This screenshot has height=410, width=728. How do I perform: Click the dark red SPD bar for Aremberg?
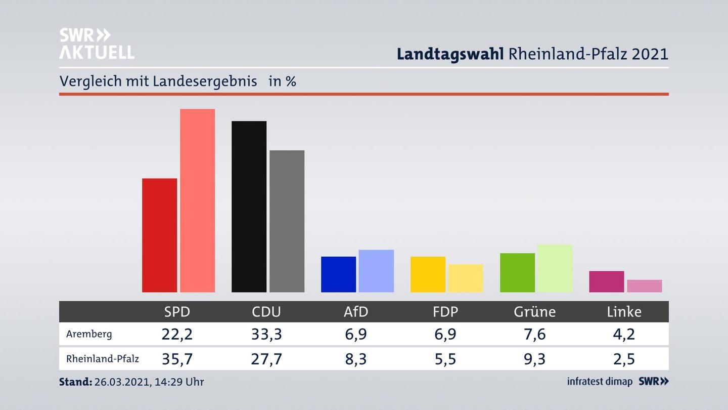(159, 235)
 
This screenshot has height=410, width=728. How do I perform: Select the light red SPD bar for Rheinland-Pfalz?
(197, 200)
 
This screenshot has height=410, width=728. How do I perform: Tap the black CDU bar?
(249, 207)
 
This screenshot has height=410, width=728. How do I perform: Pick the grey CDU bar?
(287, 221)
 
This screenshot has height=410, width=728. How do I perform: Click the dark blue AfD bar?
(338, 274)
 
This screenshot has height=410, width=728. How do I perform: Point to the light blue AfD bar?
(376, 271)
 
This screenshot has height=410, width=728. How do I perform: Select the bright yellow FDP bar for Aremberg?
(428, 274)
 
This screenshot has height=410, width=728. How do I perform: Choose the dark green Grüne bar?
(517, 272)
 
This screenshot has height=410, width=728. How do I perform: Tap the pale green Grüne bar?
(555, 268)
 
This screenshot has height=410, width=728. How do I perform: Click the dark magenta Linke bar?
(606, 281)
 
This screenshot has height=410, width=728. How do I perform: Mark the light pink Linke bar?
(644, 286)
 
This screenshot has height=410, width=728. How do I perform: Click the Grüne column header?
(534, 312)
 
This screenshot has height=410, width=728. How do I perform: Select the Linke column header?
(624, 312)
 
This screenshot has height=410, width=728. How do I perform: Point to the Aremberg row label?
(89, 334)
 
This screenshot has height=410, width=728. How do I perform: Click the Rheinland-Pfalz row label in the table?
(102, 359)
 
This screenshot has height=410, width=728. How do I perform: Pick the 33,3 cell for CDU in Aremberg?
(266, 334)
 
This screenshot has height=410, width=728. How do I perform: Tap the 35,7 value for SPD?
(177, 359)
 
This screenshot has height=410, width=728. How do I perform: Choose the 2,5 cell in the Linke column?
(624, 359)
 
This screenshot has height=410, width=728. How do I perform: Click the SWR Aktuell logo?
(97, 44)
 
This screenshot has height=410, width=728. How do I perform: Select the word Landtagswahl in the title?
(450, 54)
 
